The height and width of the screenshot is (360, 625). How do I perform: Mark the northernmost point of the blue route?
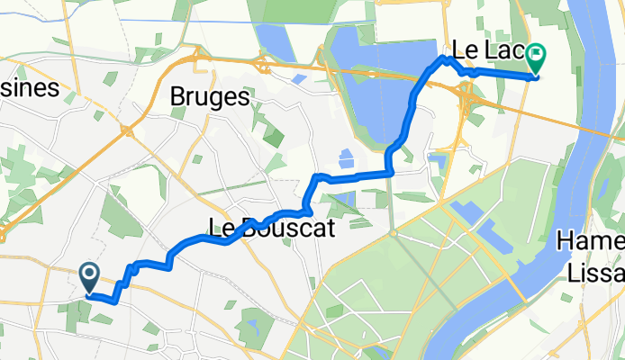click(444, 58)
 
